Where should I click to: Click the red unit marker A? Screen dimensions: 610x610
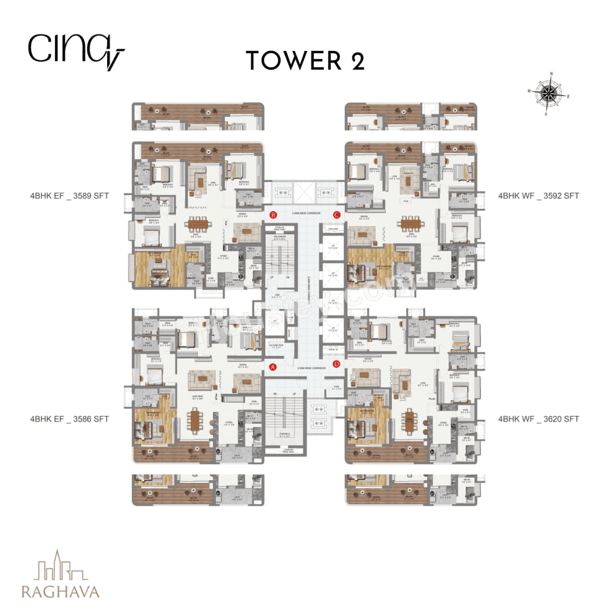pyautogui.click(x=272, y=367)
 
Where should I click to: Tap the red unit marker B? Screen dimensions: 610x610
pyautogui.click(x=273, y=215)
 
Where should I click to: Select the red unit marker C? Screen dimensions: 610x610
pyautogui.click(x=337, y=215)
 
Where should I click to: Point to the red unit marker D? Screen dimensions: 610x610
pyautogui.click(x=337, y=364)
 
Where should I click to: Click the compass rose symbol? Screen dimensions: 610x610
pyautogui.click(x=549, y=92)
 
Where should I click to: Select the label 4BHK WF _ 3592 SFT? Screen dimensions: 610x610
pyautogui.click(x=538, y=196)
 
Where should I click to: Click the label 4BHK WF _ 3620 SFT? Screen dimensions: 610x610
pyautogui.click(x=538, y=419)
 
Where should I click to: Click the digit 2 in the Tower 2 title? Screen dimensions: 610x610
pyautogui.click(x=356, y=60)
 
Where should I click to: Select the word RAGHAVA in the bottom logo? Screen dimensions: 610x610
pyautogui.click(x=60, y=591)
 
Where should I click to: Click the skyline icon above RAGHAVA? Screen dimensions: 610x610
pyautogui.click(x=59, y=566)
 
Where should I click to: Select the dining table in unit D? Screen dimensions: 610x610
pyautogui.click(x=409, y=419)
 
